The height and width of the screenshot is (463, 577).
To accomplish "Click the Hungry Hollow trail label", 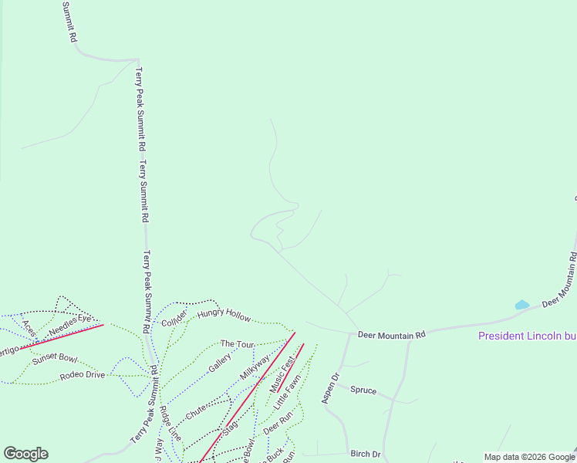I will coord(224,315).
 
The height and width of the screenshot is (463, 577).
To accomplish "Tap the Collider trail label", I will coord(174,317).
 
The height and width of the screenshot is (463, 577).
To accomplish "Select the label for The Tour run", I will coord(237,344).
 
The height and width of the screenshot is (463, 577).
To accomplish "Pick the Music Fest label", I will coord(282,373).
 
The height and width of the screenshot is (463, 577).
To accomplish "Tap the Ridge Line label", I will coord(170,424).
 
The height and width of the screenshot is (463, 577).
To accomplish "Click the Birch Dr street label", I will coord(366,454).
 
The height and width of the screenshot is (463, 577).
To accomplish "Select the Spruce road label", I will coord(363,390).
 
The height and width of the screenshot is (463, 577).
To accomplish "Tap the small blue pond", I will coord(522,305).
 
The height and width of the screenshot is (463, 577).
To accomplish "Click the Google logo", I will coord(25,454).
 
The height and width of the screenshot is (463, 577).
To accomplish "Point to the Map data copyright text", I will coord(528,457).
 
